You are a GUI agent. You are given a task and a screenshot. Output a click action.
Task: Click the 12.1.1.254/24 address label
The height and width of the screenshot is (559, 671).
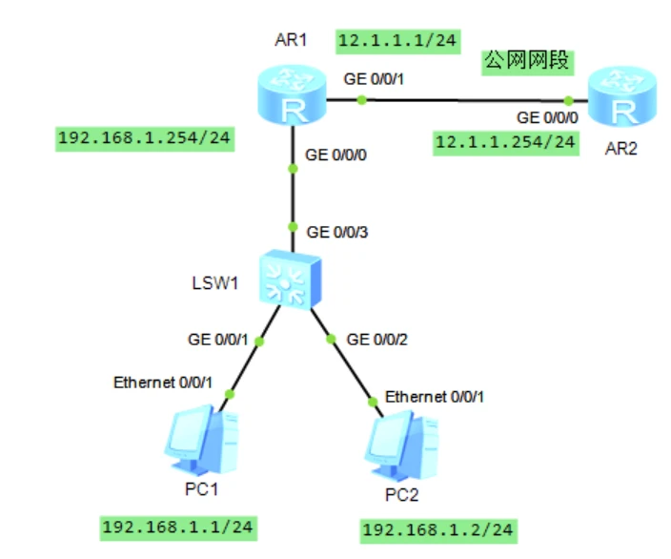pos(505,142)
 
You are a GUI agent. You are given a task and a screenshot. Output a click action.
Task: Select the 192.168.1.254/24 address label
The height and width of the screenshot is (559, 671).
pos(146,137)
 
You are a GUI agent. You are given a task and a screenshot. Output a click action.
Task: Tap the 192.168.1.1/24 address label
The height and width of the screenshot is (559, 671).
pos(178,526)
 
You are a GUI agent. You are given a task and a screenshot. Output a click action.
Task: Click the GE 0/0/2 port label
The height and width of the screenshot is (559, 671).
pos(378,339)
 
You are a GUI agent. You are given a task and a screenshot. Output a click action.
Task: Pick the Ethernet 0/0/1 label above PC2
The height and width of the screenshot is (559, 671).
pos(435,396)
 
